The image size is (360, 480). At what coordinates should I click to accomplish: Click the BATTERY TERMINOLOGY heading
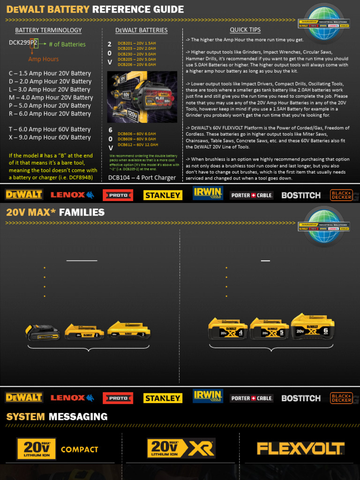[48, 30]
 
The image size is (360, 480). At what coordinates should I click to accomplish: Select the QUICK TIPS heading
[245, 30]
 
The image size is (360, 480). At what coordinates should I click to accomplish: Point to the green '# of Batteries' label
[67, 45]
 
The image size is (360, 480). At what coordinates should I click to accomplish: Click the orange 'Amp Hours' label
[44, 59]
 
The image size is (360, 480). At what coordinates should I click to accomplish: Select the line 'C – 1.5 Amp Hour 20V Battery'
[50, 74]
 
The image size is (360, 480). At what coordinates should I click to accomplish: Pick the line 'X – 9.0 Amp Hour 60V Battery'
[50, 137]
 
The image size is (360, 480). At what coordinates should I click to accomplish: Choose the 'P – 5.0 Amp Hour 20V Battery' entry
[50, 105]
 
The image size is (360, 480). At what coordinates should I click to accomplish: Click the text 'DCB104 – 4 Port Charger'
[142, 178]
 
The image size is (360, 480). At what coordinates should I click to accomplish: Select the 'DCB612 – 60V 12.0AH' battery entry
[137, 144]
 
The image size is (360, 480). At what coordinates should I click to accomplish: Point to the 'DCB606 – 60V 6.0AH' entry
[137, 134]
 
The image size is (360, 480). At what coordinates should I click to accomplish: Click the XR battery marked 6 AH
[313, 326]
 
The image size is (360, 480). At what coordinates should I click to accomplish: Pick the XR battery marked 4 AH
[228, 329]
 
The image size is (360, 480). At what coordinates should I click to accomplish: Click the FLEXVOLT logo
[300, 449]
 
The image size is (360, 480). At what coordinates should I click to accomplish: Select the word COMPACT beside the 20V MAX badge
[79, 450]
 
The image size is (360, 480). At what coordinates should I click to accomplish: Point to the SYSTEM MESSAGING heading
[57, 417]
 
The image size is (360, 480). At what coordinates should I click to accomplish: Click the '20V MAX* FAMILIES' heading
[55, 212]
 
